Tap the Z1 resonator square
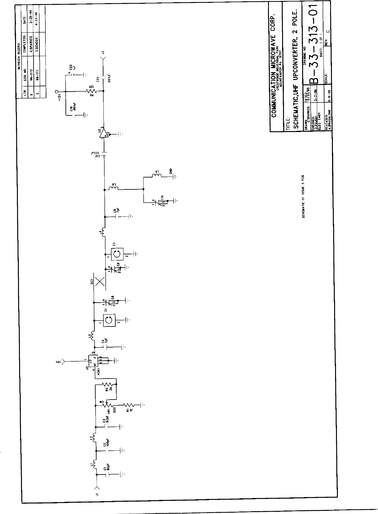[x=109, y=320]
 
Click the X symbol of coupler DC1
[x=100, y=281]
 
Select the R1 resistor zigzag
[x=129, y=405]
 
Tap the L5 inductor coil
[x=113, y=189]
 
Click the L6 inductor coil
[x=156, y=176]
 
